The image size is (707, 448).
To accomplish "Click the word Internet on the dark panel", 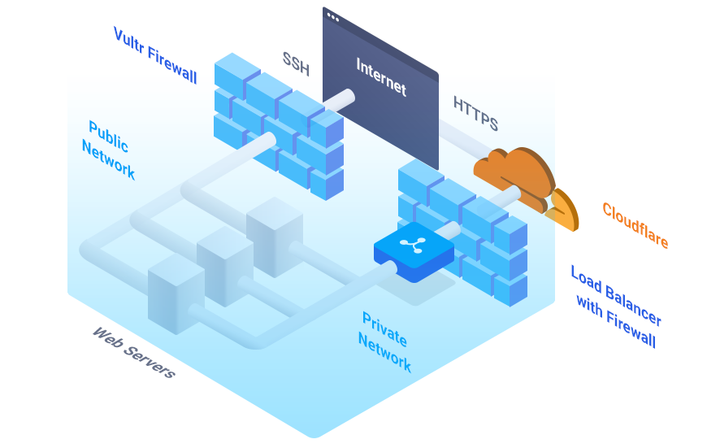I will tap(381, 76).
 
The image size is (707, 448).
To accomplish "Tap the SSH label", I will tap(296, 63).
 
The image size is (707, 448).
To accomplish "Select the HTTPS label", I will tap(475, 114).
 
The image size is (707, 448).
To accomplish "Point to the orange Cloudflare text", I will tap(635, 225).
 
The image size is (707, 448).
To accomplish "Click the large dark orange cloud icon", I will tap(512, 175).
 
